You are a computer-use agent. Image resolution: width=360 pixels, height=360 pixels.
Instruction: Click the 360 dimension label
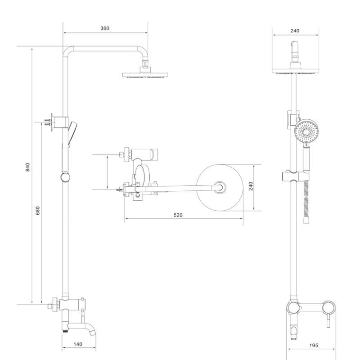click(105, 28)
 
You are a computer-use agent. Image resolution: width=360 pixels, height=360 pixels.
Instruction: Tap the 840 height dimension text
click(28, 167)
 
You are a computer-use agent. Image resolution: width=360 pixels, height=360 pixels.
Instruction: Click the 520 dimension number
click(178, 215)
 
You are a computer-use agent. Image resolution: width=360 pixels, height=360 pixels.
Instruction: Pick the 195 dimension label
click(314, 345)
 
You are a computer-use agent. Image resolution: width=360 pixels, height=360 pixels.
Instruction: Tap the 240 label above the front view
click(295, 31)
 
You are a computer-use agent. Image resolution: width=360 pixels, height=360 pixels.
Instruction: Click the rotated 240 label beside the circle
click(251, 186)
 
